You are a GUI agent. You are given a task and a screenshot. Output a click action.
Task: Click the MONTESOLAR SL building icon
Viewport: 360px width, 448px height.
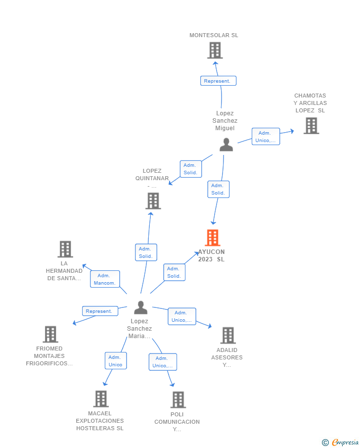click(x=215, y=50)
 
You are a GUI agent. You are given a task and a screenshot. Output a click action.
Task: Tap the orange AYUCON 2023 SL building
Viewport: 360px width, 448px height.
click(x=213, y=238)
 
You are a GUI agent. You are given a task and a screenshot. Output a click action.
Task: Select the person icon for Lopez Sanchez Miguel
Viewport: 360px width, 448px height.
click(x=226, y=145)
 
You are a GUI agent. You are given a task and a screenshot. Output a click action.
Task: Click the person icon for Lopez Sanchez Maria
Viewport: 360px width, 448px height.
click(x=141, y=307)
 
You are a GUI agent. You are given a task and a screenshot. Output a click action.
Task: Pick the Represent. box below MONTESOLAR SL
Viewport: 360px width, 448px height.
click(x=218, y=81)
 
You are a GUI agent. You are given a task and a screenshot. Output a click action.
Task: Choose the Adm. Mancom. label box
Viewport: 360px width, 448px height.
click(x=105, y=279)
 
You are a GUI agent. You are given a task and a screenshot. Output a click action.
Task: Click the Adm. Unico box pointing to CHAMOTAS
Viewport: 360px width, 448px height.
click(x=266, y=137)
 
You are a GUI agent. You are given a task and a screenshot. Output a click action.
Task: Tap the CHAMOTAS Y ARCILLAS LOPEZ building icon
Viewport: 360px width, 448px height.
click(x=311, y=126)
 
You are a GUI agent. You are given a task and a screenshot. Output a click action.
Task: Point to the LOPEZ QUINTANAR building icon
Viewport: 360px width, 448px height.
click(x=153, y=201)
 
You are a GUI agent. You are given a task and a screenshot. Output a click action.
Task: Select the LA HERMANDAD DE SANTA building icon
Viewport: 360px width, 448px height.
click(x=65, y=249)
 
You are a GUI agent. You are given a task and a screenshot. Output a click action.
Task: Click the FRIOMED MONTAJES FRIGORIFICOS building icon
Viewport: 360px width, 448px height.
click(x=50, y=334)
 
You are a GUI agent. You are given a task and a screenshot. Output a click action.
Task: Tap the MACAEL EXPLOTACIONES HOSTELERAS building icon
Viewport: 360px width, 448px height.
click(x=101, y=399)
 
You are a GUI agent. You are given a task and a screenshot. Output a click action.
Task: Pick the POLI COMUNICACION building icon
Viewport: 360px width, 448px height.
click(x=178, y=399)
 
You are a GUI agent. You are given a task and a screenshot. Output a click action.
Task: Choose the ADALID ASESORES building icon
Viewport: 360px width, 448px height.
click(x=228, y=336)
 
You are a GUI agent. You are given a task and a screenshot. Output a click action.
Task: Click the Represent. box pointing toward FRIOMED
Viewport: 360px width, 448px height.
click(x=100, y=311)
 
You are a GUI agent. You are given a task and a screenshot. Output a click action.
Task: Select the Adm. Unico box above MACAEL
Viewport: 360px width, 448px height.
click(x=116, y=360)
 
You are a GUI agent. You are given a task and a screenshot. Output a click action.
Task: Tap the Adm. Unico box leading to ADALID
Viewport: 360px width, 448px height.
click(x=182, y=316)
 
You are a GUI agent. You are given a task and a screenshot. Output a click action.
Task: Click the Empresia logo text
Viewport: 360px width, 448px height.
click(x=345, y=442)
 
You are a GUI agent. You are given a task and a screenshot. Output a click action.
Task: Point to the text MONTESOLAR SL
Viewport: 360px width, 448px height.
click(x=214, y=35)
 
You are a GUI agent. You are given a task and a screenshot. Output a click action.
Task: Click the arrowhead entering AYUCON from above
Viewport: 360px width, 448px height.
click(x=213, y=223)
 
